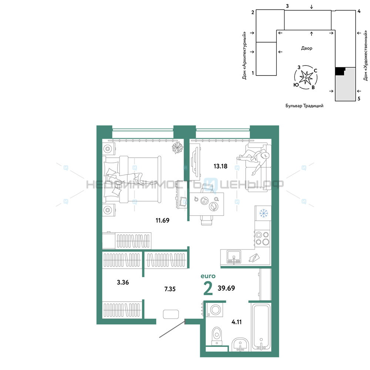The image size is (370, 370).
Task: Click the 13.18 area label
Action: (221, 166)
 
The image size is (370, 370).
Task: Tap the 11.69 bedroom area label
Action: (162, 221)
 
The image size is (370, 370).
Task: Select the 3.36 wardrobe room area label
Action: (123, 282)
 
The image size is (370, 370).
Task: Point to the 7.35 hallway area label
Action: (170, 289)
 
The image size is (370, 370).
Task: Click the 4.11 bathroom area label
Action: (236, 322)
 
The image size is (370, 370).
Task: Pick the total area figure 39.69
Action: (226, 288)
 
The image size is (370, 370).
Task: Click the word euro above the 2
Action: (208, 276)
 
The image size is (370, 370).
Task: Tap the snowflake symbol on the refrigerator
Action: (263, 213)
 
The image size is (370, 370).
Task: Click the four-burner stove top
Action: (262, 238)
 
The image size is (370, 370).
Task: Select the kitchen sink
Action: (234, 257)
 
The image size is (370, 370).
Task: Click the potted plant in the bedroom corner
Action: (178, 148)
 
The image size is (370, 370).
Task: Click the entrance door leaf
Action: (172, 329)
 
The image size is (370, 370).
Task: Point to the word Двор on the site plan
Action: (306, 48)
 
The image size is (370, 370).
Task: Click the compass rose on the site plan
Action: (306, 77)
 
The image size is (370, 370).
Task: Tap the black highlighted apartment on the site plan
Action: (340, 71)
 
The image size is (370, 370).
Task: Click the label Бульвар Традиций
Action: (305, 106)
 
